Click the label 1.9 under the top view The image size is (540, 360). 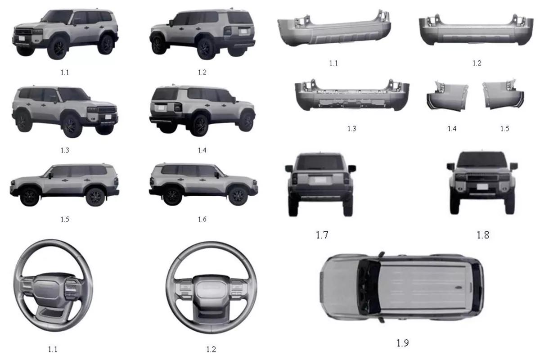coord(402,343)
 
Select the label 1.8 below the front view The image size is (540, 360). coord(482,234)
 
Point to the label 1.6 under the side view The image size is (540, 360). coord(202,219)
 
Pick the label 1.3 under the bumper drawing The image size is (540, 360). coord(351,129)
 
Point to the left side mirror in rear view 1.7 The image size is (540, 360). coord(289,169)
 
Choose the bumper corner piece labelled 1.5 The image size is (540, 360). coord(502,96)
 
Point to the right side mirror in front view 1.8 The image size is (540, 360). coord(514,166)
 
